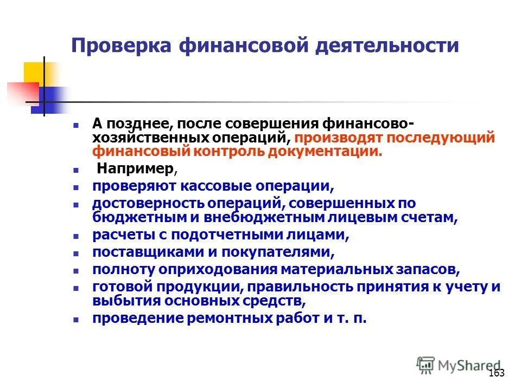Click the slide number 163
497,373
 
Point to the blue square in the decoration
46,100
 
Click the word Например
136,169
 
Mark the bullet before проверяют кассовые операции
77,187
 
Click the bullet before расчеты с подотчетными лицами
77,236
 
